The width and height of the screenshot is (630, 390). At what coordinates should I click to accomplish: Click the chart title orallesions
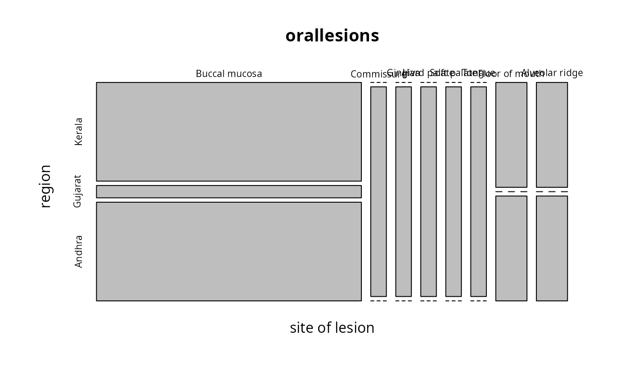click(x=332, y=36)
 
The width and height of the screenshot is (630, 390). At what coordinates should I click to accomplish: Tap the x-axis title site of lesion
click(x=332, y=328)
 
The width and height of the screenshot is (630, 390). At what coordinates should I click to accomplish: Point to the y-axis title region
click(x=45, y=186)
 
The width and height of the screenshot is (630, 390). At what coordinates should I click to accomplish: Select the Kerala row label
click(x=79, y=132)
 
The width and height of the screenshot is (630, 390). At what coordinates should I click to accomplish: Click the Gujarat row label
click(x=77, y=191)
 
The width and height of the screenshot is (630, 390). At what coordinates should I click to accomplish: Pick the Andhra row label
click(x=79, y=251)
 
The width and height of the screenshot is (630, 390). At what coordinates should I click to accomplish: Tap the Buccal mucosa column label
click(x=229, y=74)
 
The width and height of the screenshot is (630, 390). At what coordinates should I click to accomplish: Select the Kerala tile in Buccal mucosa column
click(x=229, y=132)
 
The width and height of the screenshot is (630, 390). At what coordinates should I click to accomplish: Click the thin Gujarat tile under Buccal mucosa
click(x=229, y=191)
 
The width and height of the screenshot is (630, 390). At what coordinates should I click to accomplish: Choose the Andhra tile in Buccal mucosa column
click(x=229, y=251)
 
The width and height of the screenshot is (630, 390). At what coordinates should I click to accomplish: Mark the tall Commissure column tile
click(x=378, y=191)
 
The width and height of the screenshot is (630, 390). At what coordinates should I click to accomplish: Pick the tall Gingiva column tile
click(x=404, y=191)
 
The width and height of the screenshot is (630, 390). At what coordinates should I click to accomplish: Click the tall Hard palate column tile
click(x=428, y=191)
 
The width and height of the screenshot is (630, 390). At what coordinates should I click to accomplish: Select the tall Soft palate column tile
click(x=454, y=191)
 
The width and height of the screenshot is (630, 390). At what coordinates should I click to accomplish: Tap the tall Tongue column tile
click(x=478, y=191)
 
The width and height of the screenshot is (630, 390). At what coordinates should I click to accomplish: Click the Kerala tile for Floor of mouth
click(x=511, y=135)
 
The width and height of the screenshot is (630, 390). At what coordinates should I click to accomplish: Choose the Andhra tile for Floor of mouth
click(x=511, y=248)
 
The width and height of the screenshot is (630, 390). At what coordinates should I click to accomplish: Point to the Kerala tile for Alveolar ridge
click(x=552, y=135)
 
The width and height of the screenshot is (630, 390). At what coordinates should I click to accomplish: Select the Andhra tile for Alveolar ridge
click(x=552, y=248)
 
